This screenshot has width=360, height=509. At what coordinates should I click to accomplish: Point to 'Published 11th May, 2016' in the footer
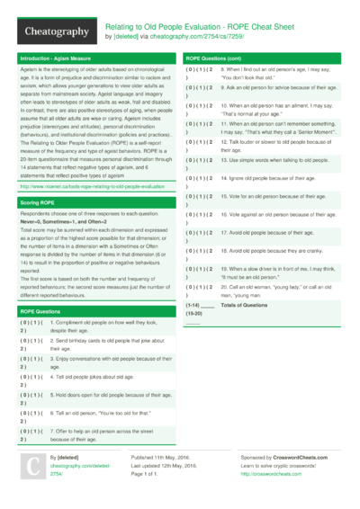click(163, 458)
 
